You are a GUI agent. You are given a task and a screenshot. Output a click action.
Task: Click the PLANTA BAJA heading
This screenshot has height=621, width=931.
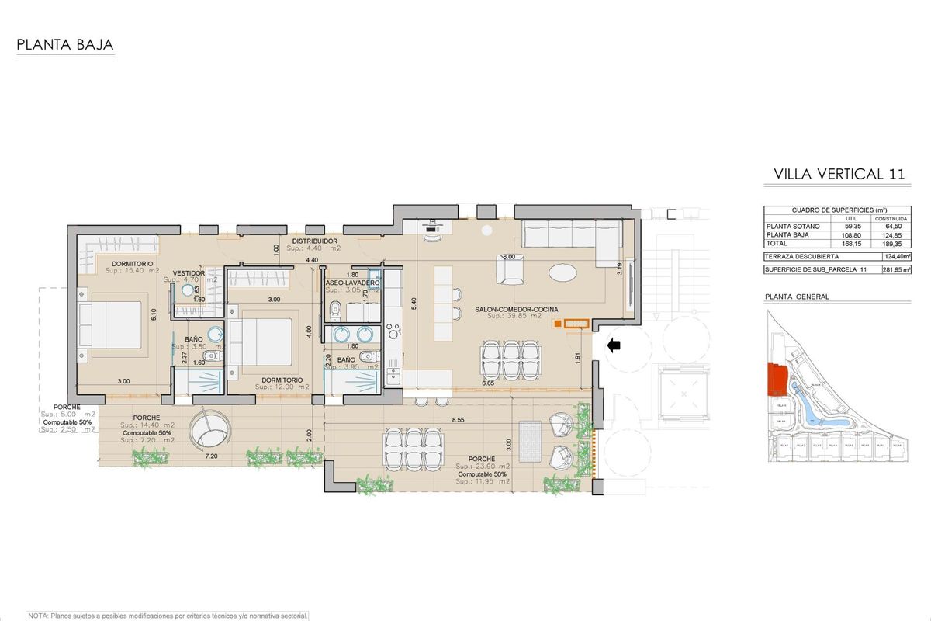pos(65,45)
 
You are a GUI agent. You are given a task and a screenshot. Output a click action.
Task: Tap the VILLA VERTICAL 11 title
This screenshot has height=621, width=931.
pos(839,174)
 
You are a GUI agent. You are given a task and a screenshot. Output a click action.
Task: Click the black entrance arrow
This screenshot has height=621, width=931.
pos(614,345)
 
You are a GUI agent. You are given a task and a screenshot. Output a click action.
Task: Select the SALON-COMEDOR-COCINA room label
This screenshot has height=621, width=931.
pos(515,308)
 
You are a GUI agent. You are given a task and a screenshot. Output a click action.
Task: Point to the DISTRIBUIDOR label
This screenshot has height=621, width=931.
pos(313,241)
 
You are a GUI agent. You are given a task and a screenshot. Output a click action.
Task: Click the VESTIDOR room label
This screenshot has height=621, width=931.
pos(189,273)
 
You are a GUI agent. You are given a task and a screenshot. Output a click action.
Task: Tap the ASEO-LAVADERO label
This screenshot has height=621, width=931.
pos(352,283)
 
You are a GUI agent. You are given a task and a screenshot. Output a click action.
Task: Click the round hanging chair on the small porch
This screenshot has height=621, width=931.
pos(213,428)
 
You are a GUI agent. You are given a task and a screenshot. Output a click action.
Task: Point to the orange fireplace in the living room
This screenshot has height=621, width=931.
pos(573,324)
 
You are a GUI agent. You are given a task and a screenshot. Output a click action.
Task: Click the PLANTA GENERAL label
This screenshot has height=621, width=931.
pos(797,297)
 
